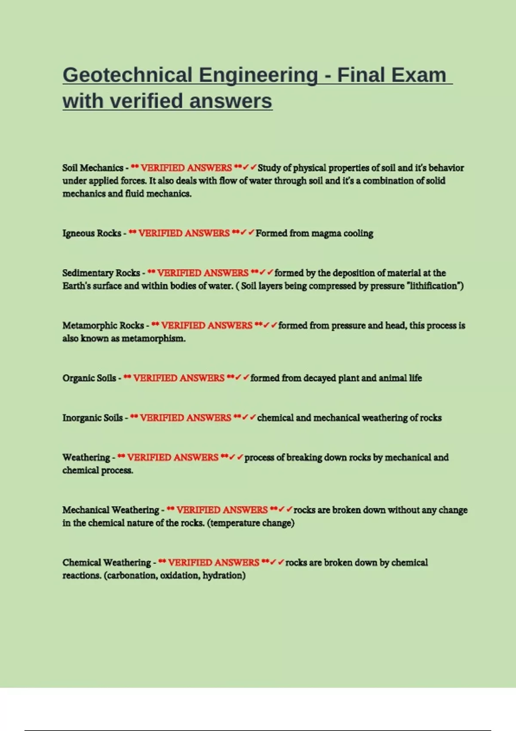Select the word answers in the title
point(230,101)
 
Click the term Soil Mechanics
point(93,168)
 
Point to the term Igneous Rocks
point(92,233)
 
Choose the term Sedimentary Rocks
point(101,273)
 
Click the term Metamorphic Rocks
point(103,326)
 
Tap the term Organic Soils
point(89,378)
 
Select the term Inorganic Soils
point(92,418)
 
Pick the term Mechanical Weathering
point(111,510)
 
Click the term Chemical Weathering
point(106,562)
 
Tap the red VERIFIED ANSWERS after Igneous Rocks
point(184,233)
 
